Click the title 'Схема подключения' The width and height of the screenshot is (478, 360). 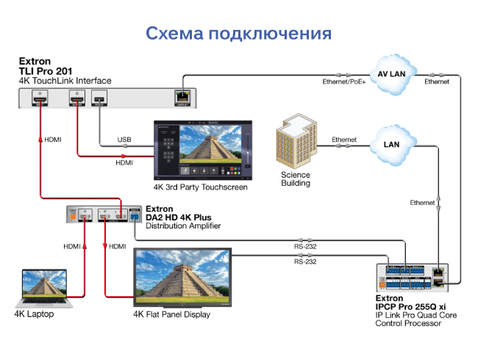point(238,33)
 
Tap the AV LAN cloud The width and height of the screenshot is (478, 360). point(391,74)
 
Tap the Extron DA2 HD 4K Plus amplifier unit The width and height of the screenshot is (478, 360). point(104,215)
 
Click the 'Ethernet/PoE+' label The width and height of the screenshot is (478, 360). point(344,82)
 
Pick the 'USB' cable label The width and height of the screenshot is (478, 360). point(124,140)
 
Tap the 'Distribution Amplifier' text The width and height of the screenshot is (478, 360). point(190,226)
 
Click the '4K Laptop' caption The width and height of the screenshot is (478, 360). point(34,314)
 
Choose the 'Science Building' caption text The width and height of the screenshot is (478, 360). point(296,179)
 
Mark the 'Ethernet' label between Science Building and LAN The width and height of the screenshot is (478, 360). point(344,139)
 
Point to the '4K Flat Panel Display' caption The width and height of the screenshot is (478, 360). point(171,314)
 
